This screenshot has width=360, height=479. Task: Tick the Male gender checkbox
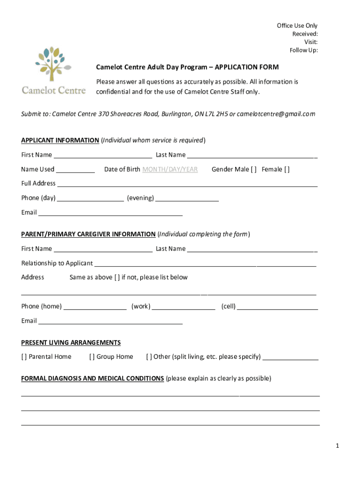(254, 169)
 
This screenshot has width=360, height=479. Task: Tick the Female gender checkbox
(287, 169)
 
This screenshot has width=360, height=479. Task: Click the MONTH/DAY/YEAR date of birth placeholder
(170, 169)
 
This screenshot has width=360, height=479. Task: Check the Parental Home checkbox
(24, 357)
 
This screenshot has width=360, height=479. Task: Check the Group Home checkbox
(92, 357)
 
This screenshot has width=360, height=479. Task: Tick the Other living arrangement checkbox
(149, 357)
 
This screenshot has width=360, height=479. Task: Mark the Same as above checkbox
(116, 277)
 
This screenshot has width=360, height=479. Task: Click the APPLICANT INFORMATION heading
(60, 140)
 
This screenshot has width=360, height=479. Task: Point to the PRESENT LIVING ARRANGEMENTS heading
(71, 342)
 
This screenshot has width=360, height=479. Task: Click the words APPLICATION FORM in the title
(246, 67)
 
